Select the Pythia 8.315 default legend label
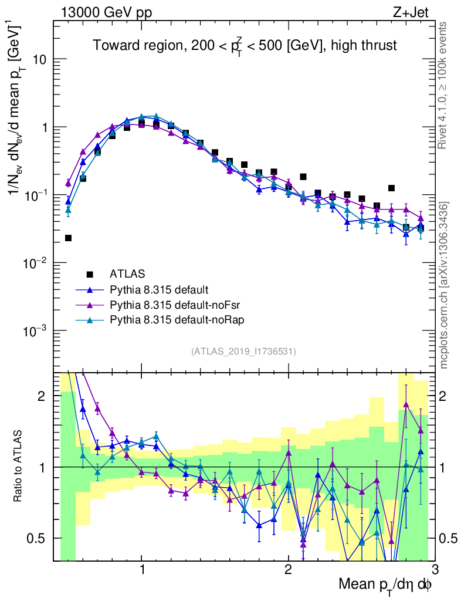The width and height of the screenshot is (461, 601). point(159,289)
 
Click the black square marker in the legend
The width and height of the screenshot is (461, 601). point(90,274)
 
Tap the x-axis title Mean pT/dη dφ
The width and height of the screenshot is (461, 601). point(385,585)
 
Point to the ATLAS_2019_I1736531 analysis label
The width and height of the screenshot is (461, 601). point(243,352)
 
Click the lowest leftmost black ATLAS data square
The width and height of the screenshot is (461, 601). point(68,238)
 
